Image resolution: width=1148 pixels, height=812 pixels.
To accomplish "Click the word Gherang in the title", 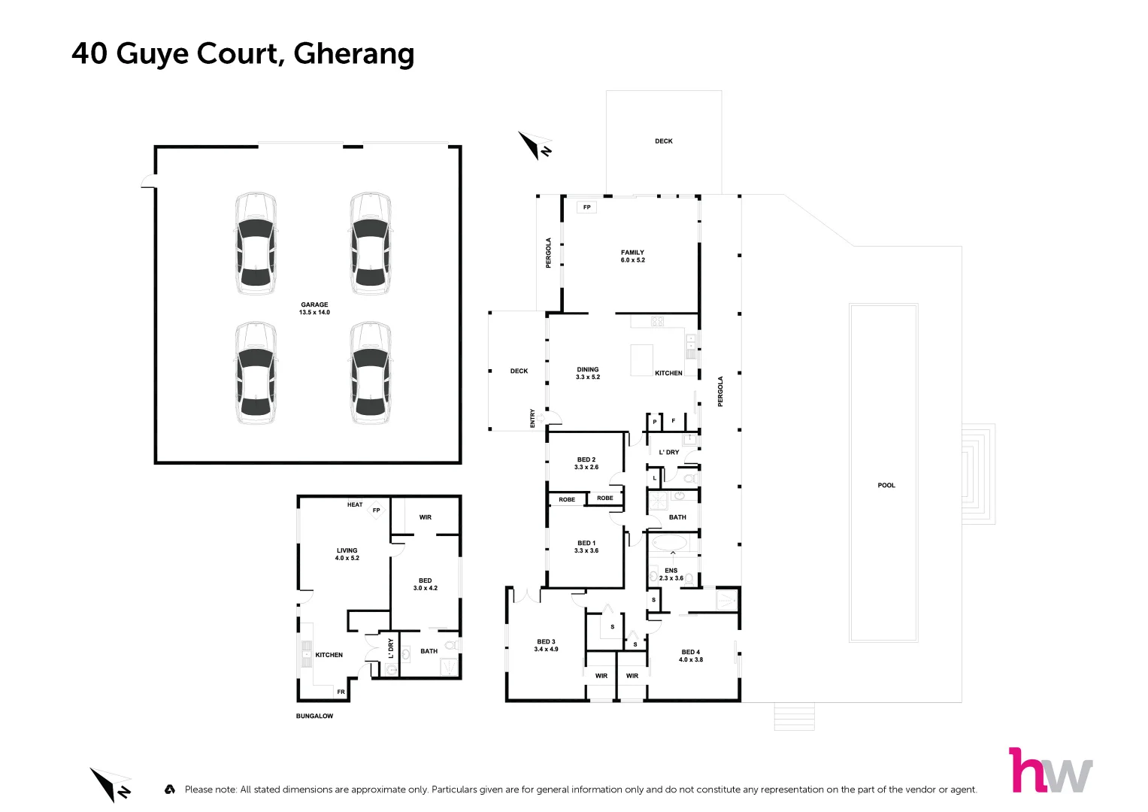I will [353, 54].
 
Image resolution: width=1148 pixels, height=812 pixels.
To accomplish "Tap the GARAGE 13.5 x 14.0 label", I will [314, 308].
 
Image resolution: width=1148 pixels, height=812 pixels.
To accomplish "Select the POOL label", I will [886, 485].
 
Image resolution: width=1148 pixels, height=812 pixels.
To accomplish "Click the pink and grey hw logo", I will [1050, 770].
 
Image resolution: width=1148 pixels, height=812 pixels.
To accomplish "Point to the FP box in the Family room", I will [586, 207].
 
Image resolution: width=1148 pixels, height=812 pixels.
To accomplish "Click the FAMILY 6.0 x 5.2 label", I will [632, 256].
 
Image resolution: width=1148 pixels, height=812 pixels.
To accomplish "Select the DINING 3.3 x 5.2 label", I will [588, 373].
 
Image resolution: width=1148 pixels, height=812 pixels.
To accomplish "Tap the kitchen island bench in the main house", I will [641, 359].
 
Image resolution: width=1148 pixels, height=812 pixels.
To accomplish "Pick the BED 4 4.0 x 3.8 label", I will [691, 656].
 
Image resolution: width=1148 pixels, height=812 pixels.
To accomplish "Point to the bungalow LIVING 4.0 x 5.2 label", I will [347, 554].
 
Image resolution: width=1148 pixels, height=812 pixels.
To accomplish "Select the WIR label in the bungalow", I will [426, 517].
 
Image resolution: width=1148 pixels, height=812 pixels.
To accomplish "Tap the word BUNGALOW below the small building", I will [314, 716].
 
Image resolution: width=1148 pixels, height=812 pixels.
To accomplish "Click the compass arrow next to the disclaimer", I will [110, 784].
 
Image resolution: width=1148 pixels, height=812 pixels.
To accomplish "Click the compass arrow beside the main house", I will [535, 144].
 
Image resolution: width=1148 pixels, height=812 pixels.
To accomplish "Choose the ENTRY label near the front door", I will [533, 418].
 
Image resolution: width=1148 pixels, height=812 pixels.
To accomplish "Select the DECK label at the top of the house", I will [664, 141].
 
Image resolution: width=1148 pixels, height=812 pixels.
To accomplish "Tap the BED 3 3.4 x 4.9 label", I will [547, 645].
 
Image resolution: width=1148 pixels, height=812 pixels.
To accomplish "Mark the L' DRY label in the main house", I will [668, 452].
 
